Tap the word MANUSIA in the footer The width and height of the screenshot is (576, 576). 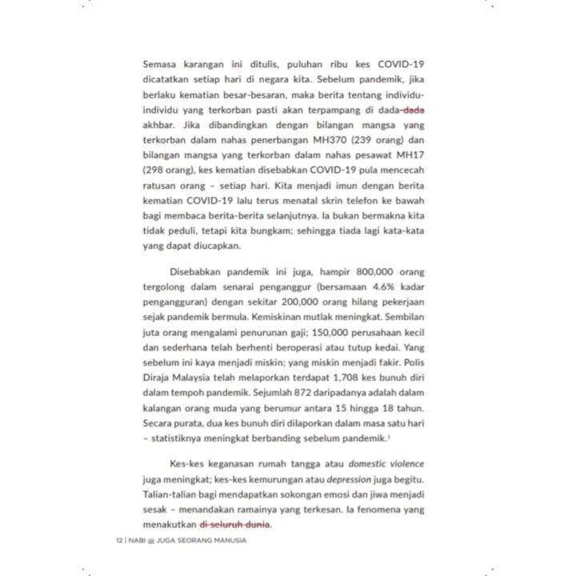click(227, 542)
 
